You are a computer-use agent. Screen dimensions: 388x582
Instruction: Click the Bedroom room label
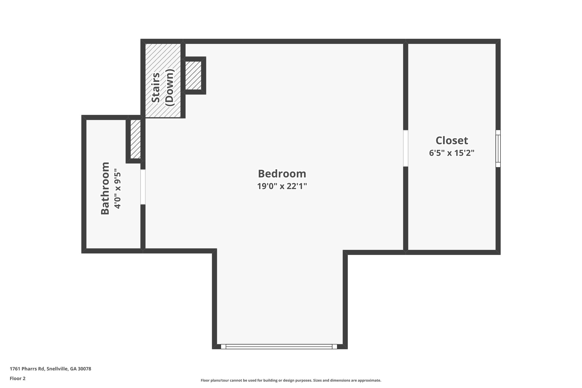(x=282, y=174)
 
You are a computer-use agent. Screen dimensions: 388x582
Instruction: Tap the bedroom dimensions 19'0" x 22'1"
(x=282, y=186)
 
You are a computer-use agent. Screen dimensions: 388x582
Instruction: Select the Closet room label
(x=452, y=140)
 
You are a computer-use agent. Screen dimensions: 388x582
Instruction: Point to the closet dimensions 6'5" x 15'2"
(x=452, y=153)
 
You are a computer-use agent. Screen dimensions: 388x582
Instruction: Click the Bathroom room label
(x=105, y=188)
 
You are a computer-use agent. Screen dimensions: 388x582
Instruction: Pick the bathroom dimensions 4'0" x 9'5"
(x=117, y=190)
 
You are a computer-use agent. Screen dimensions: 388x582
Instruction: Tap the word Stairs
(x=155, y=88)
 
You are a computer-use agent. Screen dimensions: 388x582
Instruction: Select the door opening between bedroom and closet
(x=406, y=148)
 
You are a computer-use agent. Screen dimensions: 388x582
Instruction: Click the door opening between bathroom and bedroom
(x=143, y=187)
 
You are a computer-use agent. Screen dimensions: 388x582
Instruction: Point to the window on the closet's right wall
(x=498, y=148)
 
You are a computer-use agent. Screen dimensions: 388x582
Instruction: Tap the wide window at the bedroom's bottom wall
(x=279, y=346)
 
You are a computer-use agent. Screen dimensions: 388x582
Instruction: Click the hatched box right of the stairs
(x=193, y=75)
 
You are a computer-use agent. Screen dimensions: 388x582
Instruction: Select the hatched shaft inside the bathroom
(x=136, y=139)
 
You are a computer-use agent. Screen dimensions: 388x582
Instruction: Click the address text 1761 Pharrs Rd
(x=27, y=369)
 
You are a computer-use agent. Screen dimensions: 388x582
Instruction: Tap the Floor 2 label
(x=18, y=378)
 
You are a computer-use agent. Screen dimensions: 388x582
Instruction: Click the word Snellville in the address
(x=57, y=369)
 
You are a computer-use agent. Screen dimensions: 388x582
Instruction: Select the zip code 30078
(x=85, y=369)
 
